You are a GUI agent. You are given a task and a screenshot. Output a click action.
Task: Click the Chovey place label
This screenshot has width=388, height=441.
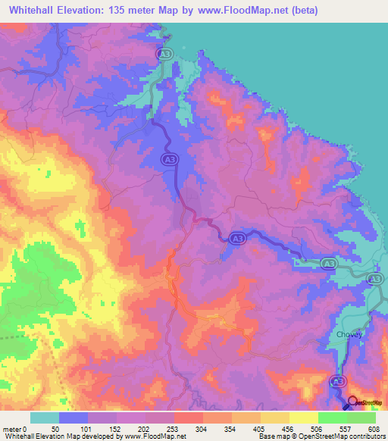[341, 334]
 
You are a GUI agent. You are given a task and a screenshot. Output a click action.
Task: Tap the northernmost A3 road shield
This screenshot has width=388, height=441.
[163, 55]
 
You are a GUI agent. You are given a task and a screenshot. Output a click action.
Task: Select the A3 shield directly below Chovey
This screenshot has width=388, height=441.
[339, 381]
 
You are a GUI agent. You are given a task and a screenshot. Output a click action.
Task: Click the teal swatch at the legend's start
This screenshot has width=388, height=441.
[45, 418]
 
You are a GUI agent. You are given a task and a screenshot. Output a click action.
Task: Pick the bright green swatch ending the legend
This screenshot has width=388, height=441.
[361, 418]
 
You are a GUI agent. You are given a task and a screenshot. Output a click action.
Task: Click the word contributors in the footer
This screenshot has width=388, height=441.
[365, 436]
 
